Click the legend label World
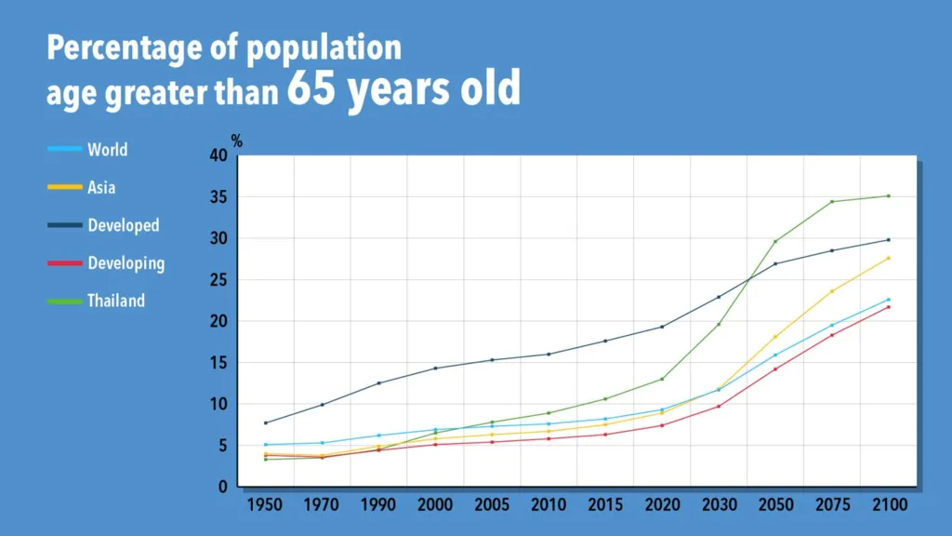(107, 150)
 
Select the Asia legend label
(101, 187)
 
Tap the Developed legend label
(123, 225)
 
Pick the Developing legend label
(126, 263)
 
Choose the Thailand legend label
(116, 301)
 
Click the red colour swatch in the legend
(63, 263)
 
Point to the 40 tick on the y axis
(219, 155)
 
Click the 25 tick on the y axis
(219, 280)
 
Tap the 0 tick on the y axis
(224, 487)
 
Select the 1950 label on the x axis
(266, 504)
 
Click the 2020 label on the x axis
(662, 504)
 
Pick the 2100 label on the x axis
(888, 504)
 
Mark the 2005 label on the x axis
(492, 504)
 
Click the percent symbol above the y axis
(237, 141)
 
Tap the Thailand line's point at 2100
(888, 195)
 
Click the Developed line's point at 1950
(266, 422)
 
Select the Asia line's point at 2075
(832, 291)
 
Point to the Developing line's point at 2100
(888, 307)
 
